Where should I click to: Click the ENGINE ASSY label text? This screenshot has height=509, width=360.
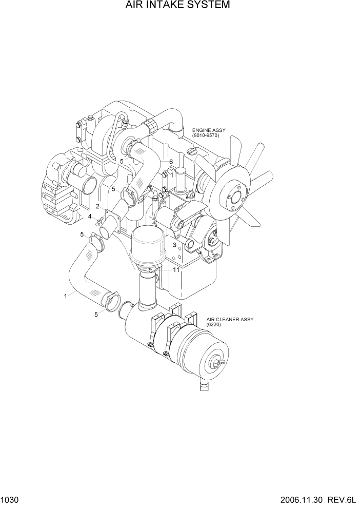pyautogui.click(x=209, y=130)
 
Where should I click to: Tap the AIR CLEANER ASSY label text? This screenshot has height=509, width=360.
pyautogui.click(x=230, y=319)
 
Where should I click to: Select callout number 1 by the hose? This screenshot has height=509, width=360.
pyautogui.click(x=65, y=296)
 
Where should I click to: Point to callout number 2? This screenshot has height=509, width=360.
pyautogui.click(x=97, y=206)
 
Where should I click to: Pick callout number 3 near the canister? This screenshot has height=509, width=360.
pyautogui.click(x=174, y=245)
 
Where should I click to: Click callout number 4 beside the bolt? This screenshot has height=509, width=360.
pyautogui.click(x=90, y=217)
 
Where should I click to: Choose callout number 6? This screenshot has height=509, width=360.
pyautogui.click(x=171, y=162)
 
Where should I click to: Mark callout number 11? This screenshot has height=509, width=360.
pyautogui.click(x=176, y=269)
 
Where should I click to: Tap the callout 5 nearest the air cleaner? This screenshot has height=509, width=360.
pyautogui.click(x=96, y=315)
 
